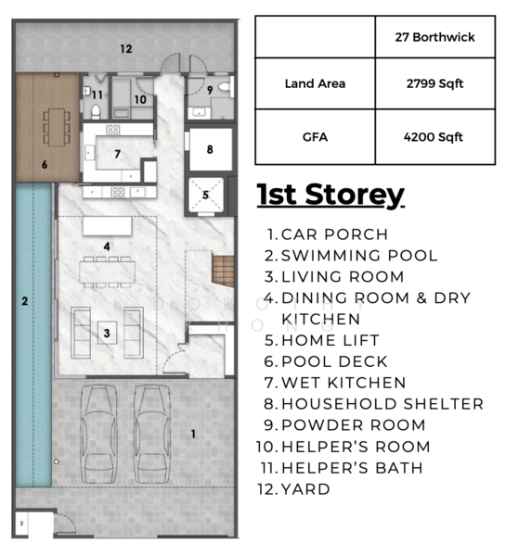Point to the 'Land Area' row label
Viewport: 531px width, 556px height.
coord(315,84)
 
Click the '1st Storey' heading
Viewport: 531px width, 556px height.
coord(330,196)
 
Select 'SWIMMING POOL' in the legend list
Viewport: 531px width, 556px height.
coord(358,256)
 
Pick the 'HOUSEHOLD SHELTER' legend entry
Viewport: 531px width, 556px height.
coord(382,404)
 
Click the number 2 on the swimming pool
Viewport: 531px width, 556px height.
coord(25,300)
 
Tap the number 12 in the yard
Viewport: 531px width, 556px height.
coord(125,48)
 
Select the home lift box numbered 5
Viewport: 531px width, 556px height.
coord(206,196)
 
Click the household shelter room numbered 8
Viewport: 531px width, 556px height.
coord(210,148)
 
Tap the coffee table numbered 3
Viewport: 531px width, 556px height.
coord(108,332)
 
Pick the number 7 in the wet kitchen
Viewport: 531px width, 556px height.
coord(117,154)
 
